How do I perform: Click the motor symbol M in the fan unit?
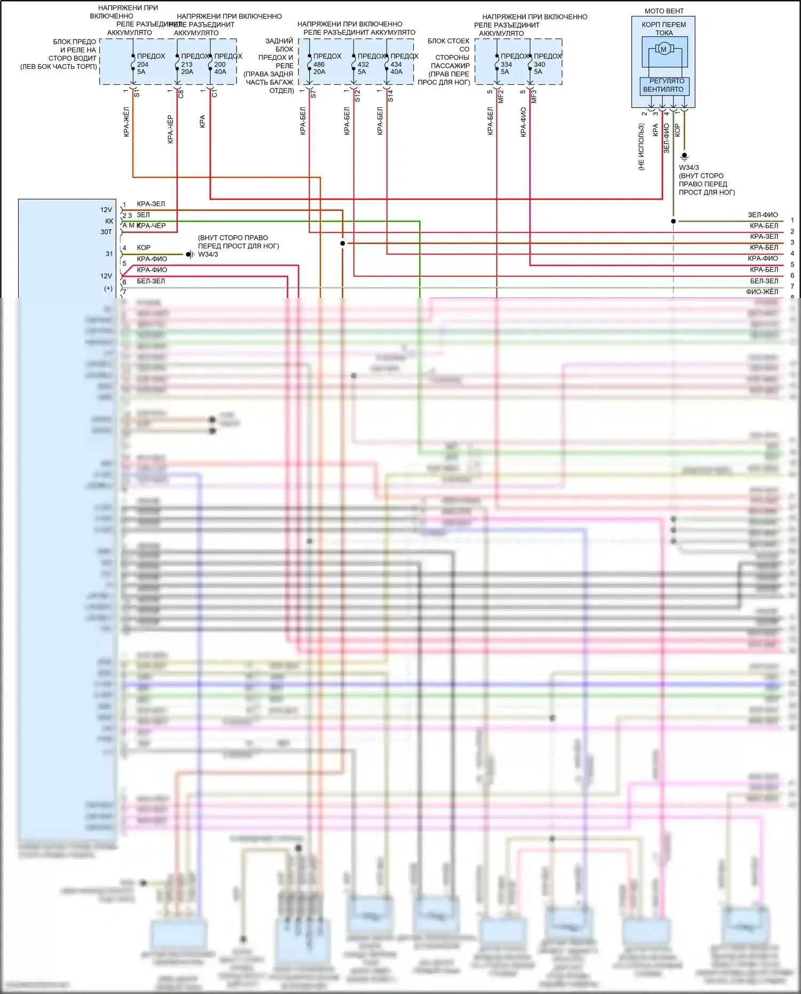664,50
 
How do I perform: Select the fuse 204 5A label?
142,68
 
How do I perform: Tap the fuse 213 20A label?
187,68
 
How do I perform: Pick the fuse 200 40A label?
220,68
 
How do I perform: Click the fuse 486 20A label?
319,68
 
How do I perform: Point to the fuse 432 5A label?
363,68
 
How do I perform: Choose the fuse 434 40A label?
396,68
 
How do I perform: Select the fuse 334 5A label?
506,68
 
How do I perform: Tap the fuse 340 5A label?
539,68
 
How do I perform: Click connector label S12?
358,96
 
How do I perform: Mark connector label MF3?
534,96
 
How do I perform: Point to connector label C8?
181,94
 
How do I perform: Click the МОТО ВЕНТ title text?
664,11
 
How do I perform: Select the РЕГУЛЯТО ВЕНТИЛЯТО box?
664,85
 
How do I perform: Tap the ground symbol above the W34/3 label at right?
684,157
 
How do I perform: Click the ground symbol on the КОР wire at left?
190,254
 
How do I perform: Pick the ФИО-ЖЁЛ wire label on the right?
762,292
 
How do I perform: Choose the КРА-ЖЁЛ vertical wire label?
127,122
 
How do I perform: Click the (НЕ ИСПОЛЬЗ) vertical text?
641,147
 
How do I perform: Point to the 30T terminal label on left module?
106,232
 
